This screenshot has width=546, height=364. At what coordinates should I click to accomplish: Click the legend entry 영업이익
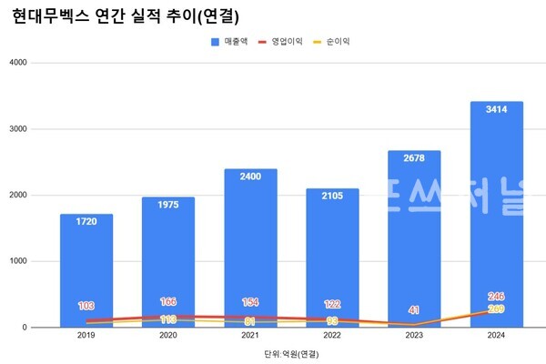click(x=278, y=43)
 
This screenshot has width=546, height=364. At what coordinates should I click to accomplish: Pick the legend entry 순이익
click(x=330, y=43)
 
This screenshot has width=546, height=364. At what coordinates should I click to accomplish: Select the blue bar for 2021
click(x=251, y=246)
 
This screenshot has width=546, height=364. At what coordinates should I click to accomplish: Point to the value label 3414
click(x=497, y=110)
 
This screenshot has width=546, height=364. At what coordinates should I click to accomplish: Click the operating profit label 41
click(x=415, y=310)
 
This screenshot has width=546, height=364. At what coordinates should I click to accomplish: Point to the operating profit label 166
click(x=168, y=301)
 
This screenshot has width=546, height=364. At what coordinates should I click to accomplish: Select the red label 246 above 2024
click(x=497, y=296)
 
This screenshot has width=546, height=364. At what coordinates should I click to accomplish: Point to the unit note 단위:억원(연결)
click(x=292, y=352)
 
